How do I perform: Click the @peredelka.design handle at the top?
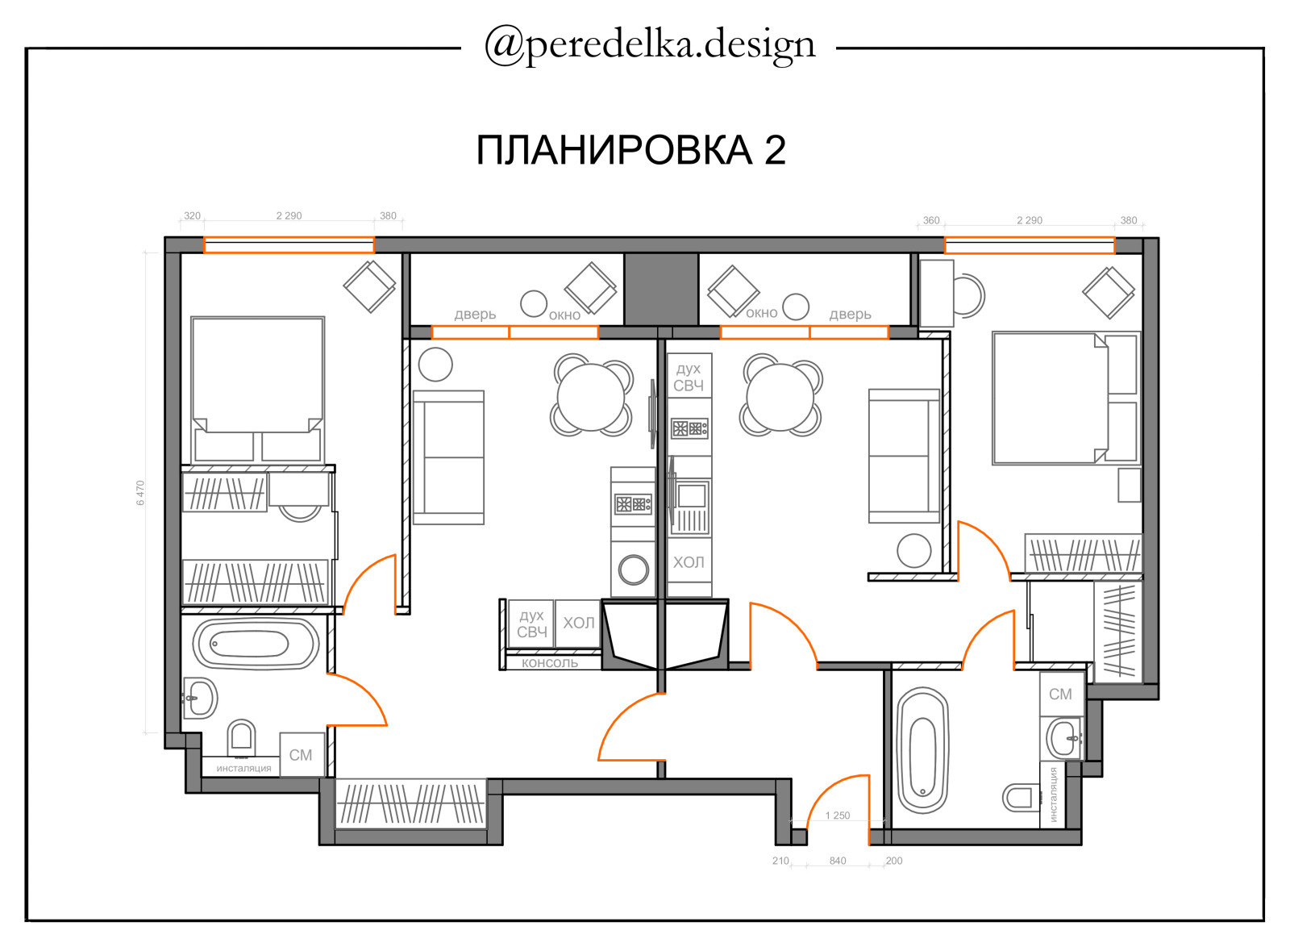(650, 46)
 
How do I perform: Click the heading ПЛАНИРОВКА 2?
(630, 150)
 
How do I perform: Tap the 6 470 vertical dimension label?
(140, 493)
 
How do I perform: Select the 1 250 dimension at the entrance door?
(838, 815)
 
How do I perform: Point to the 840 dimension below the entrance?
(838, 861)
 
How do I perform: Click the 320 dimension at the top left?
(193, 216)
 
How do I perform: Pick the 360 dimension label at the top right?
(931, 221)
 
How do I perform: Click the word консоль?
(550, 663)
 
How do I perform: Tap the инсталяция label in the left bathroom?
(243, 768)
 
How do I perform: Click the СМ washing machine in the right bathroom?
(1061, 695)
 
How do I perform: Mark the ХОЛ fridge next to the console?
(579, 623)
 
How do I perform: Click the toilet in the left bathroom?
(242, 737)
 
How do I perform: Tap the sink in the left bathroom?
(198, 699)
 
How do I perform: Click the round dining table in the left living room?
(591, 396)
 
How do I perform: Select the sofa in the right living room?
(904, 457)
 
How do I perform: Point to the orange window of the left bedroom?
(289, 245)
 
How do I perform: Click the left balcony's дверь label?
(475, 315)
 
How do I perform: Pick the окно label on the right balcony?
(761, 313)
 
